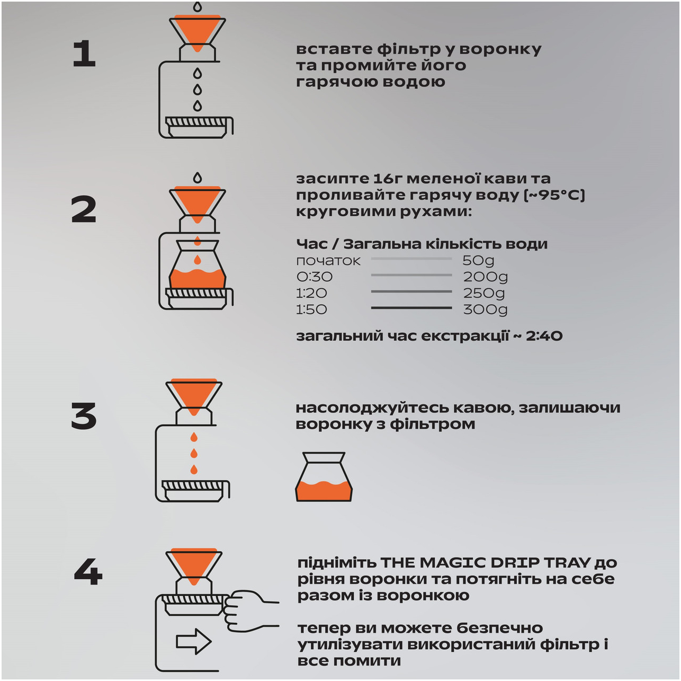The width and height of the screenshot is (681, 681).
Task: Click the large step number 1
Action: point(84,54)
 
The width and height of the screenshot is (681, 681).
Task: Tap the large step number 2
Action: point(84,209)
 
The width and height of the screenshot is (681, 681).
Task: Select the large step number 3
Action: point(84,416)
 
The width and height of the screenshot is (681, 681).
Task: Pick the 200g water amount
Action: point(486,277)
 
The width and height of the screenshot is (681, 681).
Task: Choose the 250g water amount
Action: point(484,294)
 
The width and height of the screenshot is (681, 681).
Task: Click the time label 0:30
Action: point(315,277)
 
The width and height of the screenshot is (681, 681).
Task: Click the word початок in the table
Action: point(328,261)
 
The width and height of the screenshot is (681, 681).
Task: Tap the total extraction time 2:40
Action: point(544,335)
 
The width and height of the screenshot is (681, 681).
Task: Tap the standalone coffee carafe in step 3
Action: point(324,476)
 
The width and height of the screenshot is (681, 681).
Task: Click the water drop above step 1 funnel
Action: point(198,6)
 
